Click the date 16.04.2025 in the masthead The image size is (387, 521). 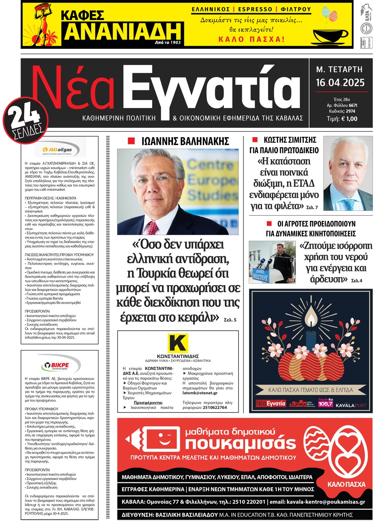(x=340, y=83)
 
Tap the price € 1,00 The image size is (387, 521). (x=349, y=119)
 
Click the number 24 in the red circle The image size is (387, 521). (x=25, y=117)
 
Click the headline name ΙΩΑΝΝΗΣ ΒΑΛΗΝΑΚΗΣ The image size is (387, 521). (x=185, y=141)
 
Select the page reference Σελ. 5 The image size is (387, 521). (x=230, y=320)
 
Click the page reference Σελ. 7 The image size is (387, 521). (x=312, y=207)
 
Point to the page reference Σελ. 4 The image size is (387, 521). (x=356, y=280)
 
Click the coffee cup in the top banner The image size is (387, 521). (x=330, y=35)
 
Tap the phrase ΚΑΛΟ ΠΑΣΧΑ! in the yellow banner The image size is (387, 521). (x=251, y=39)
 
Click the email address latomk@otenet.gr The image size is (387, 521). (x=200, y=393)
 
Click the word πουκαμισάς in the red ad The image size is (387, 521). (x=240, y=443)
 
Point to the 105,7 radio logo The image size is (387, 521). (x=326, y=403)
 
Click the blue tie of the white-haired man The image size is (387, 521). (x=350, y=204)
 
